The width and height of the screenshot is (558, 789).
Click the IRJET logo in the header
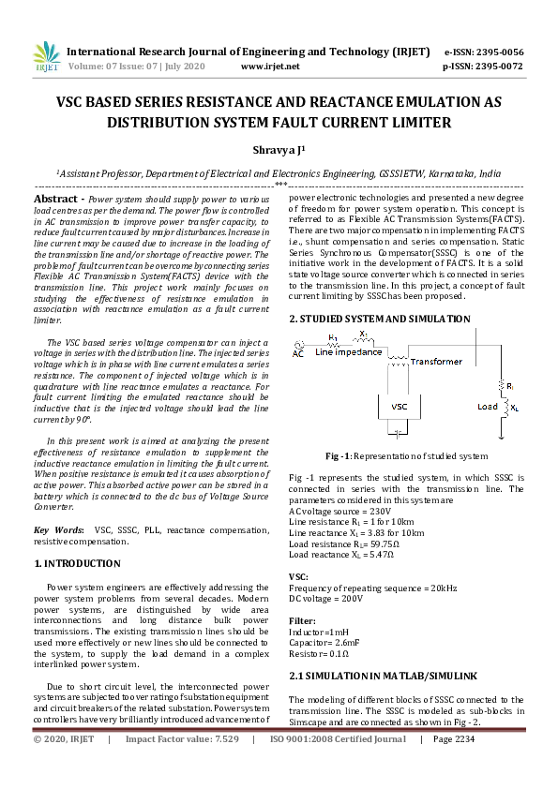[x=44, y=58]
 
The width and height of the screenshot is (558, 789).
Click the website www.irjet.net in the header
[x=270, y=67]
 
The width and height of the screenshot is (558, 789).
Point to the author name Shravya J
[x=278, y=150]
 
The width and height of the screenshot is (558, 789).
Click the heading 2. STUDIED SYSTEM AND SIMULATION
[x=379, y=320]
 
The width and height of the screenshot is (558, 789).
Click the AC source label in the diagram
[x=298, y=354]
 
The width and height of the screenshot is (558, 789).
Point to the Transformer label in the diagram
[x=436, y=361]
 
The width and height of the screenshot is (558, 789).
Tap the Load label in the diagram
[x=488, y=407]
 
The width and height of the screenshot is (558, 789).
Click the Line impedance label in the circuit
[x=349, y=352]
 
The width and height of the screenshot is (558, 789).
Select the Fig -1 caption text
[x=406, y=456]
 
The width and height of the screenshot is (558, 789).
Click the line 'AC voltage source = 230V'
[x=339, y=512]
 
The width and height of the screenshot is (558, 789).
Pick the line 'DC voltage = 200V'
[x=325, y=598]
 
